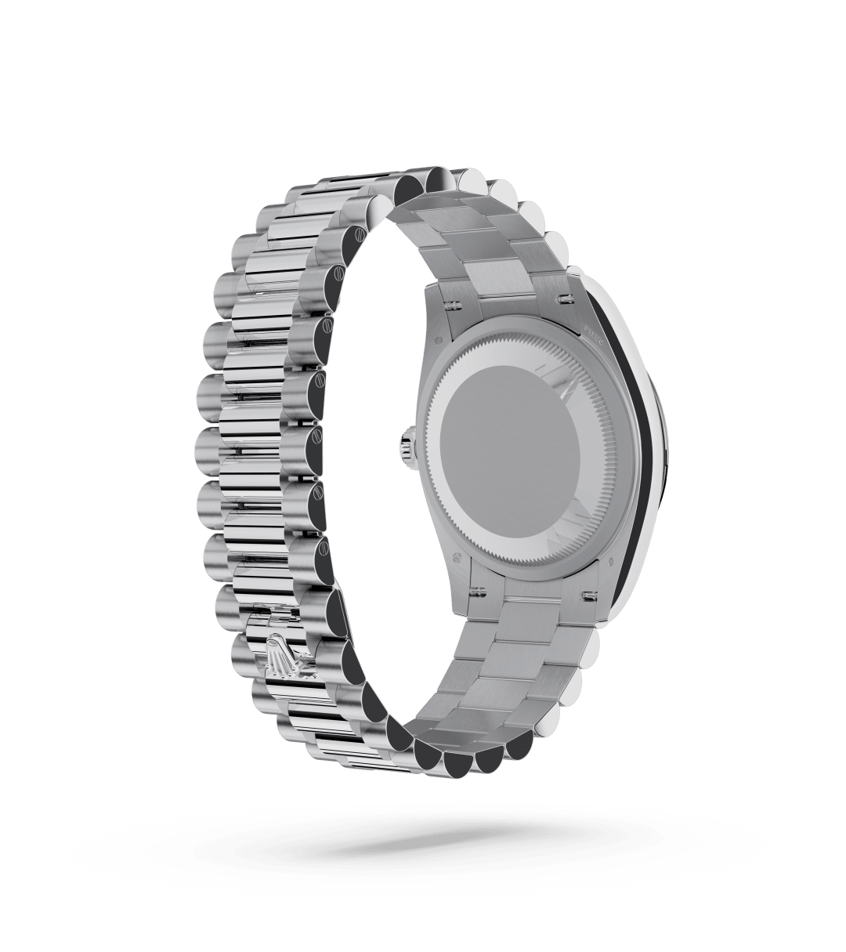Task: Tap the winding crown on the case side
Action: click(x=408, y=445)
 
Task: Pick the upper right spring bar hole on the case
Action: click(x=564, y=299)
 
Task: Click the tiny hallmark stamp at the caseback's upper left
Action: click(x=435, y=340)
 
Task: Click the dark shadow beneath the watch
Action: click(x=423, y=842)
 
